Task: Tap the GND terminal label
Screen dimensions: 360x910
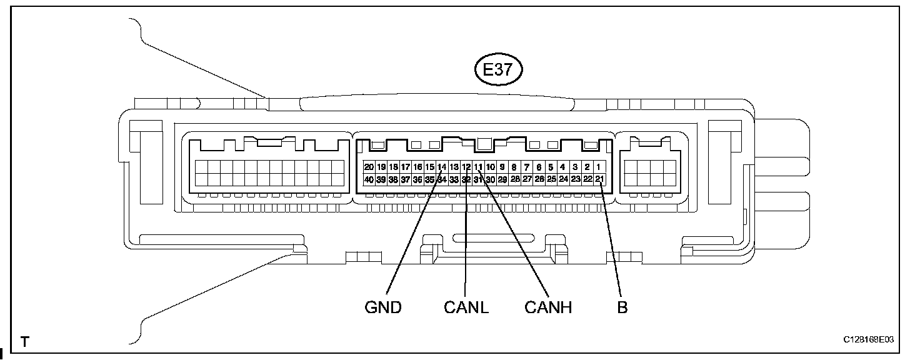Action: [382, 307]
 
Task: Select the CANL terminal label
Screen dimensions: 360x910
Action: [466, 307]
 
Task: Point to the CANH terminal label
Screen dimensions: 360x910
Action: [547, 307]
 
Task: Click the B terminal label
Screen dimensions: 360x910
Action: [622, 307]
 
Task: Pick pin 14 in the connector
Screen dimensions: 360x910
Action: [442, 167]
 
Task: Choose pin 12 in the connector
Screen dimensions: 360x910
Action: [466, 167]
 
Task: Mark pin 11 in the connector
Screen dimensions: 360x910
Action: [478, 167]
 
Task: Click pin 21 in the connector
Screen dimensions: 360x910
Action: [599, 179]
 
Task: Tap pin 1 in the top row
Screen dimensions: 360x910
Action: [599, 167]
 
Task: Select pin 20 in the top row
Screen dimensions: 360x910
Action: [369, 167]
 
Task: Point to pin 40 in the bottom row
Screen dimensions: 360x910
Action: [369, 179]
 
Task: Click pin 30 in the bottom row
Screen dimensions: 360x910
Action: [491, 179]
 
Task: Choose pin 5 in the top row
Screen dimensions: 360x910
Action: [551, 167]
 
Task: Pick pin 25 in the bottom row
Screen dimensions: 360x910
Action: [551, 179]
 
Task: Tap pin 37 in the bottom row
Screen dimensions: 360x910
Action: [405, 179]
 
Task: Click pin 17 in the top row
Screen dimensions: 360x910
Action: [405, 167]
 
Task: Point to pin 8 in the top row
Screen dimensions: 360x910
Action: [514, 167]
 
